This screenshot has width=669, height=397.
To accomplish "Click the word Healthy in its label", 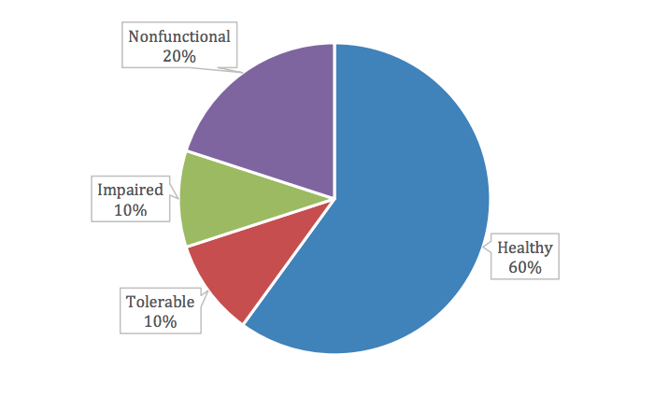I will tap(524, 248).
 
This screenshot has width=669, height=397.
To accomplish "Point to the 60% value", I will tap(524, 267).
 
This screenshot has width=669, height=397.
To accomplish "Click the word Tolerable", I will tap(160, 302).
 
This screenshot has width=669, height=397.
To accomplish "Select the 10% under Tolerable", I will tap(160, 321).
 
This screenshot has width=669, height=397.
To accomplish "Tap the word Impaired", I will tap(130, 190).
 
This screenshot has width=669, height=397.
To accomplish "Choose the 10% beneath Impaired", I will tap(130, 210).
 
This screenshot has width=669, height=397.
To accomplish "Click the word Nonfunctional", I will tap(178, 37).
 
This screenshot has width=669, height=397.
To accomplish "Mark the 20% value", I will tap(178, 57).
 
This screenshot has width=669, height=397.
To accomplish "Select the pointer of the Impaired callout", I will tap(176, 198).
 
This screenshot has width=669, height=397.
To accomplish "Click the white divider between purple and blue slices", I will tap(334, 121).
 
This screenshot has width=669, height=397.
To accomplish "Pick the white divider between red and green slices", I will tap(261, 222).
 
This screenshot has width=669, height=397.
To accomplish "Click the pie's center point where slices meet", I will tap(334, 198).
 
